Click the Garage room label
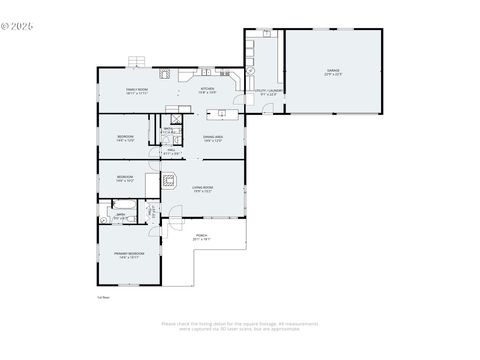[x=332, y=72]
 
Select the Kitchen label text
[x=207, y=91]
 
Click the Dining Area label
[x=213, y=138]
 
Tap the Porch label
[x=201, y=238]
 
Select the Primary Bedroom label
[x=129, y=255]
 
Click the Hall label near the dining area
[x=171, y=152]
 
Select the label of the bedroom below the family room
[x=125, y=138]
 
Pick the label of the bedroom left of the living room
[x=125, y=180]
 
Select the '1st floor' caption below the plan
[x=102, y=297]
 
